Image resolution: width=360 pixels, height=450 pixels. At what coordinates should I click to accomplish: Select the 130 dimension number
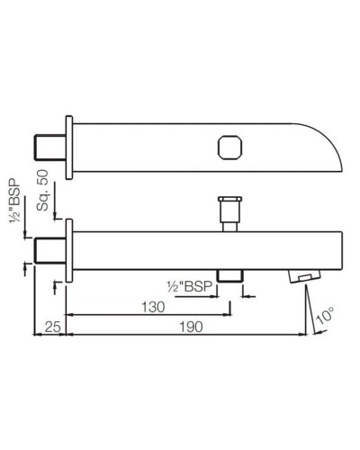(152, 306)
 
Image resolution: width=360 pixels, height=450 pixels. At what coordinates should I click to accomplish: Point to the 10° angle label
(326, 315)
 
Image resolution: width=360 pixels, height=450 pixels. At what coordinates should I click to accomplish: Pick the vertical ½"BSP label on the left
(15, 202)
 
